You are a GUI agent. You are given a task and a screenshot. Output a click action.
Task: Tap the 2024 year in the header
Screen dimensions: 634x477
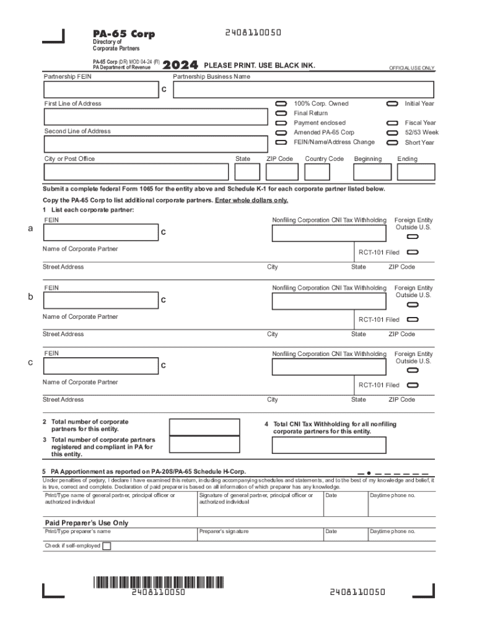pos(180,65)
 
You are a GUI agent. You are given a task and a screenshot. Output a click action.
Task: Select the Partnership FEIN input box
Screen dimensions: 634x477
pos(98,90)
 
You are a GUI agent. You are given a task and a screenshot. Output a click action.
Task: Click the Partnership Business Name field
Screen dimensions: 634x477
pos(304,90)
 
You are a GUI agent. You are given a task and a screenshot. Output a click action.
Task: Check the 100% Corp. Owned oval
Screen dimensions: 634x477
pos(281,103)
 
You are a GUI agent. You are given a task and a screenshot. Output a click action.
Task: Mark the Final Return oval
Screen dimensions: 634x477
pos(281,113)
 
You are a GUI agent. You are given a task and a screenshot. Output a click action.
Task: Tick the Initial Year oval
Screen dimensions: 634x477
pos(392,103)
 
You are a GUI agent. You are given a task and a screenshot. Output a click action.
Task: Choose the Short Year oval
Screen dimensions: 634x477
pos(392,142)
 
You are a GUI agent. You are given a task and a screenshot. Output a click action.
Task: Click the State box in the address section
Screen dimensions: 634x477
pos(248,172)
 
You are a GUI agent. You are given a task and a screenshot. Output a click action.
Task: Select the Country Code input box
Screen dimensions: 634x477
pos(317,172)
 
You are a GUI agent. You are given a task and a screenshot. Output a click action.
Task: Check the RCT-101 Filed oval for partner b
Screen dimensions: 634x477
pos(413,319)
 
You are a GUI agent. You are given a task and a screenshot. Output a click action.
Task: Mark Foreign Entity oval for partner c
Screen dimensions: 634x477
pos(413,370)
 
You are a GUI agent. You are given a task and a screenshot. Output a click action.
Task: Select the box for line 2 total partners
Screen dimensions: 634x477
pos(204,427)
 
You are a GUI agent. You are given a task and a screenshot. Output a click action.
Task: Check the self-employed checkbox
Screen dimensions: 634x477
pos(107,546)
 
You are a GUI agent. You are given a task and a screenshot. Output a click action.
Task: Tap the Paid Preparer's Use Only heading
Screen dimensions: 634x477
pos(86,523)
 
